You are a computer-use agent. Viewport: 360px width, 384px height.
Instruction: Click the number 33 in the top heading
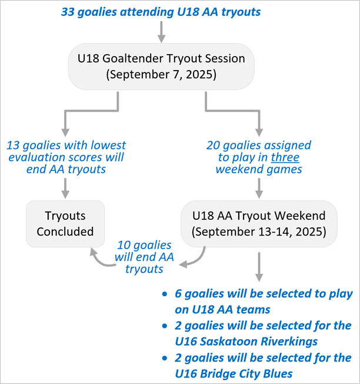pyautogui.click(x=68, y=12)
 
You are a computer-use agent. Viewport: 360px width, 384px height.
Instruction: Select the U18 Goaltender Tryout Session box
pyautogui.click(x=161, y=67)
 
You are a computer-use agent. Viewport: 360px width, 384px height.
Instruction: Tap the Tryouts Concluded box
pyautogui.click(x=65, y=224)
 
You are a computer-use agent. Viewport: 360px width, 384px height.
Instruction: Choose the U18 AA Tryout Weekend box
pyautogui.click(x=259, y=224)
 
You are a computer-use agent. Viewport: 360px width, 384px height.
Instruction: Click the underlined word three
pyautogui.click(x=285, y=157)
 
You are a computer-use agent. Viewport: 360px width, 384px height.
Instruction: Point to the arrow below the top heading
pyautogui.click(x=161, y=32)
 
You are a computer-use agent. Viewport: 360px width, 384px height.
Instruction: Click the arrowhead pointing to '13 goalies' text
pyautogui.click(x=65, y=133)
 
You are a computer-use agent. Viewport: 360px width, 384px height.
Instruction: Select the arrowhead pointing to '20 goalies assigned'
pyautogui.click(x=259, y=133)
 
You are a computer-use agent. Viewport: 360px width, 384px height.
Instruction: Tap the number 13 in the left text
pyautogui.click(x=13, y=145)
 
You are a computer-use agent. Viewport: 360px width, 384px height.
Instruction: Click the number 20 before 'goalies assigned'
pyautogui.click(x=213, y=145)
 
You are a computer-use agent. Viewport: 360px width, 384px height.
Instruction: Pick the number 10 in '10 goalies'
pyautogui.click(x=124, y=245)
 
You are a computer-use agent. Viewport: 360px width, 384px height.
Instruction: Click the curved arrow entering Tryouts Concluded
pyautogui.click(x=99, y=260)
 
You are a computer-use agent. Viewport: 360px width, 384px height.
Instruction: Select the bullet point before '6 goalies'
pyautogui.click(x=165, y=294)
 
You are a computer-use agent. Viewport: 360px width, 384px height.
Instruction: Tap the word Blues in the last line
pyautogui.click(x=278, y=374)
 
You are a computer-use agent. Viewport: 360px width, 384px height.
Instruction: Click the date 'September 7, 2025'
pyautogui.click(x=161, y=74)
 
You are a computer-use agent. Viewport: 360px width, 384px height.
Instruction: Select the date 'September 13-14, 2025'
pyautogui.click(x=259, y=231)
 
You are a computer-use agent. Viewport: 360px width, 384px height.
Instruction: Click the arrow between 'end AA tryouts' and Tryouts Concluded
pyautogui.click(x=65, y=188)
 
